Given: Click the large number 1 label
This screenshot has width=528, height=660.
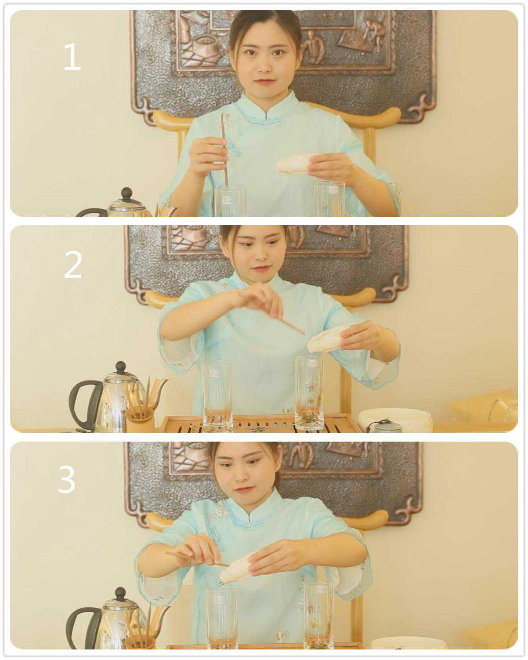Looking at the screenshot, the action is pyautogui.click(x=72, y=56).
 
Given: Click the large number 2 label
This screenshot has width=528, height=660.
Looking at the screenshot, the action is pyautogui.click(x=73, y=265).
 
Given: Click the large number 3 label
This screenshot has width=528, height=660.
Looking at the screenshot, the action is pyautogui.click(x=66, y=479).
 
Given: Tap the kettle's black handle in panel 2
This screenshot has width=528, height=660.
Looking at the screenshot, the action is pyautogui.click(x=85, y=404).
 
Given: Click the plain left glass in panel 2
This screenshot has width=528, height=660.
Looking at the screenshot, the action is pyautogui.click(x=217, y=395).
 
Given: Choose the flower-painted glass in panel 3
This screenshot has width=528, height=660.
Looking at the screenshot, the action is pyautogui.click(x=318, y=615).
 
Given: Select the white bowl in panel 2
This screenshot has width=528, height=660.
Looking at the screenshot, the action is pyautogui.click(x=395, y=419).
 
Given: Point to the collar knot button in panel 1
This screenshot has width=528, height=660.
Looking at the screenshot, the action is pyautogui.click(x=264, y=121).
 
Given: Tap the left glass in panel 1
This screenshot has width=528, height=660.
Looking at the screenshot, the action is pyautogui.click(x=230, y=202).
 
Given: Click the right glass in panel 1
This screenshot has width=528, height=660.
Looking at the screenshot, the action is pyautogui.click(x=330, y=199).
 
